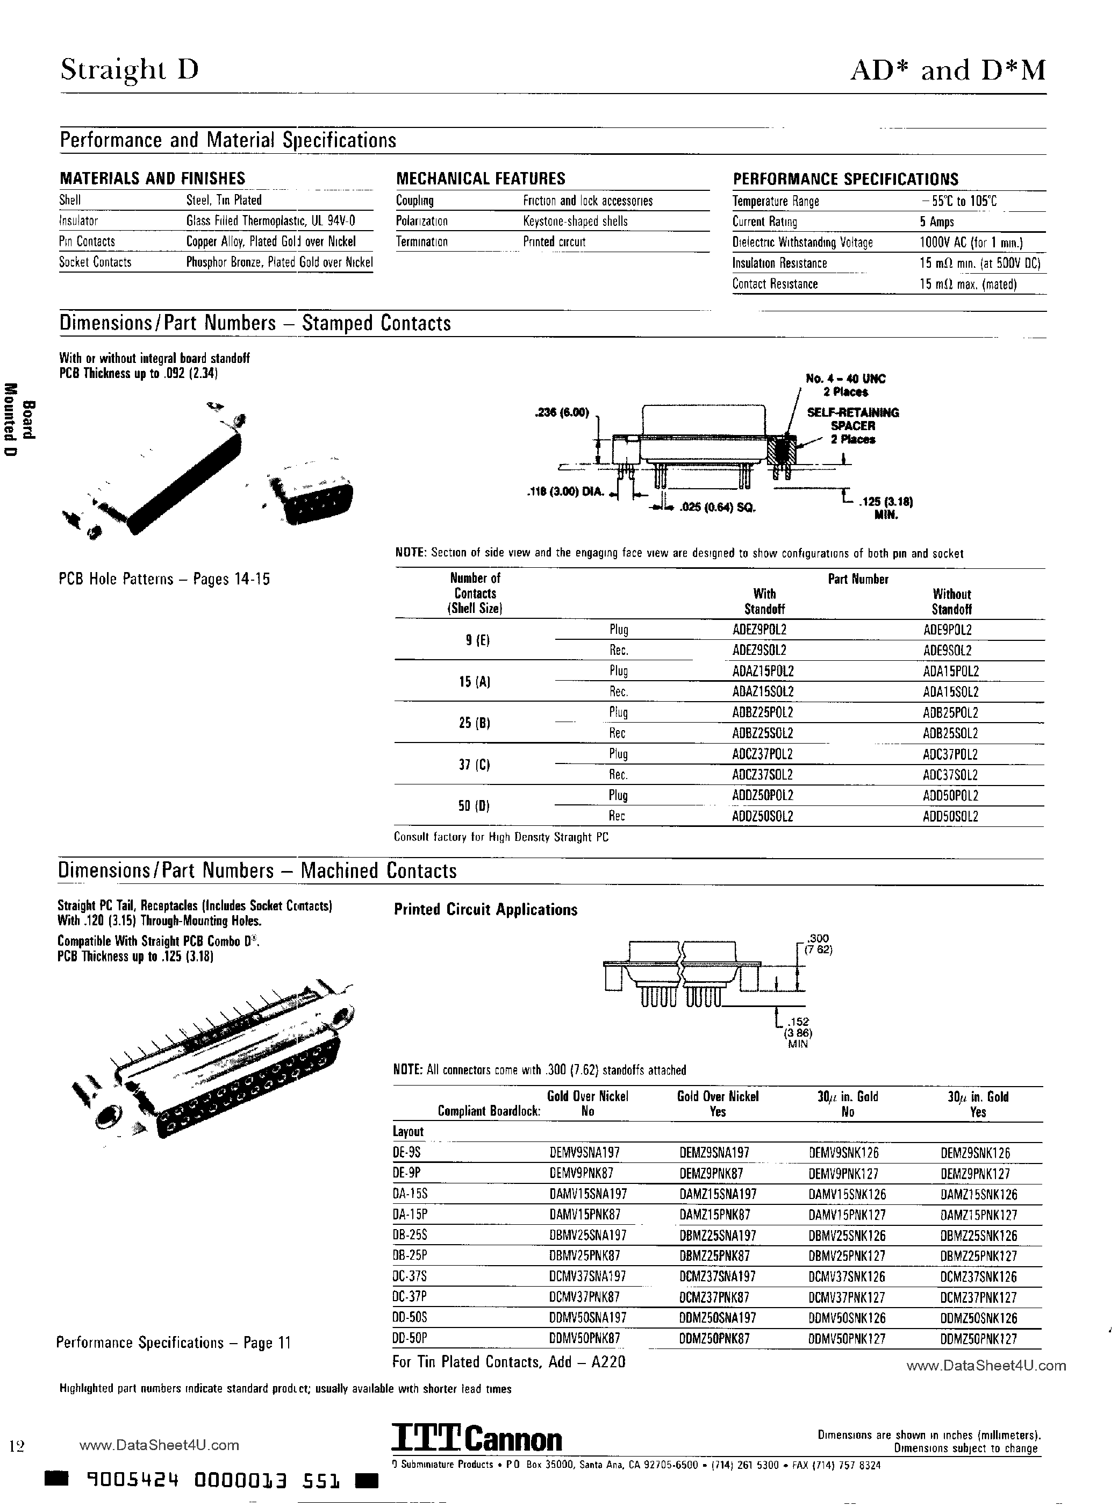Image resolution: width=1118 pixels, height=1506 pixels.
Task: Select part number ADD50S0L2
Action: pyautogui.click(x=951, y=816)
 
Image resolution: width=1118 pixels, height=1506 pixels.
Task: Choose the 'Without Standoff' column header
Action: pyautogui.click(x=951, y=601)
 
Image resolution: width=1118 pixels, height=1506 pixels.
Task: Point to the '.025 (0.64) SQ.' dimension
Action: pyautogui.click(x=723, y=508)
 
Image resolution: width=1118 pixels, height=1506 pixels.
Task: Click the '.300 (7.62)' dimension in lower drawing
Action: pyautogui.click(x=817, y=944)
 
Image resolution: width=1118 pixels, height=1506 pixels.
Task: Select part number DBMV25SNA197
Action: pyautogui.click(x=587, y=1235)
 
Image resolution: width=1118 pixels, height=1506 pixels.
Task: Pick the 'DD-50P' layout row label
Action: pyautogui.click(x=410, y=1338)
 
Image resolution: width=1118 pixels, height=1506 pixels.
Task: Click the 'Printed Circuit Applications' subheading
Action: pyautogui.click(x=485, y=910)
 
